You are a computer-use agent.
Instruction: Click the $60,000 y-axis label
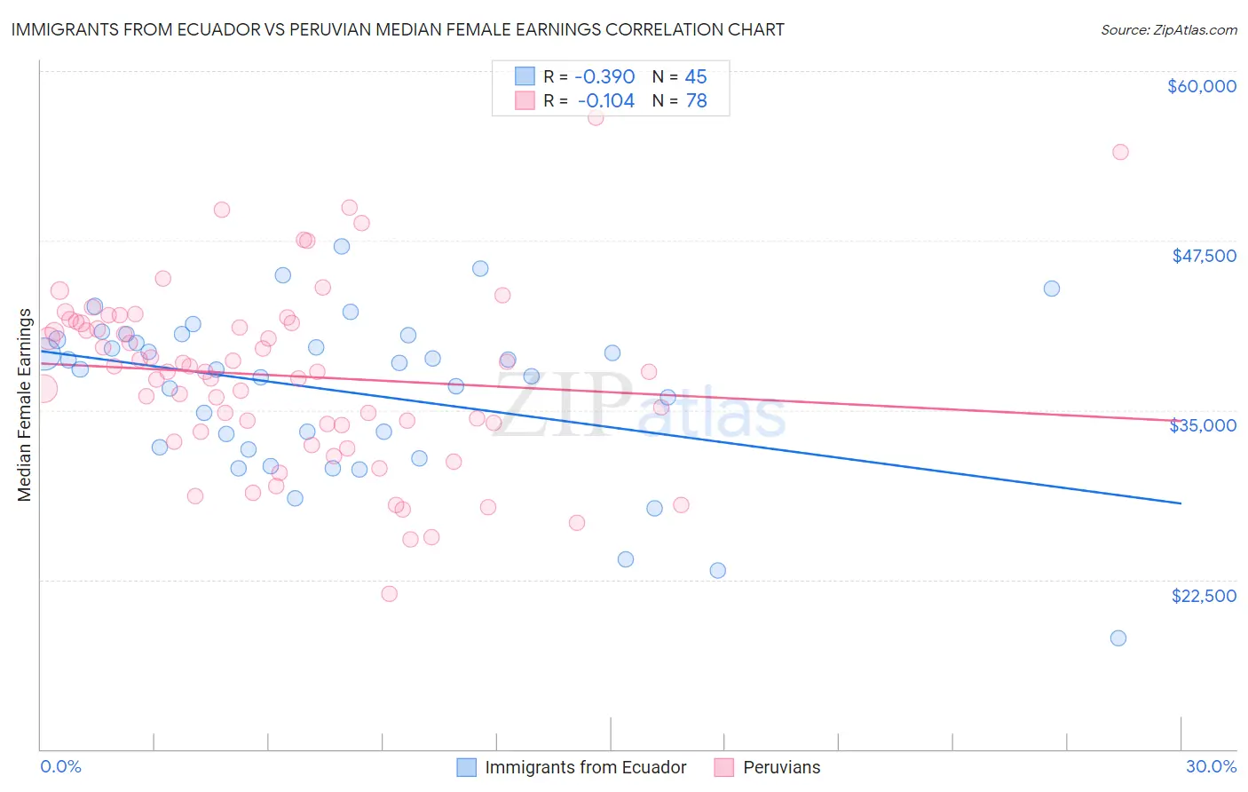pos(1201,86)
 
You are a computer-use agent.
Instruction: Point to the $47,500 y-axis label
pos(1204,256)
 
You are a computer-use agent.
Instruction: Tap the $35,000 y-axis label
pos(1203,425)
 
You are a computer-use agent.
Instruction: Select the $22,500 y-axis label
pos(1204,596)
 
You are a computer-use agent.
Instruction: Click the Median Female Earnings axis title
pos(25,405)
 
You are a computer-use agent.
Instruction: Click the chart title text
pos(398,29)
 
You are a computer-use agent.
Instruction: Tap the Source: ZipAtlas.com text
pos(1168,30)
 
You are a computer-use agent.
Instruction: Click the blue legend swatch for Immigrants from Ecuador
pos(467,767)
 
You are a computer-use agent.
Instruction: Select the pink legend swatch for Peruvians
pos(724,767)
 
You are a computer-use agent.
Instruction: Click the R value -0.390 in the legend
pos(604,76)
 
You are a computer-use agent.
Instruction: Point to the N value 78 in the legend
pos(696,101)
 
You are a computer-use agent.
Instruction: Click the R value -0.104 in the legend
pos(605,101)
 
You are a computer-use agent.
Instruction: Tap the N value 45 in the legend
pos(696,76)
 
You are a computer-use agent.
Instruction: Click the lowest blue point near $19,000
pos(1118,638)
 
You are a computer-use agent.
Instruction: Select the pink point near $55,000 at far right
pos(1120,152)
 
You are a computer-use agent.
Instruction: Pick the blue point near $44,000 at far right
pos(1052,289)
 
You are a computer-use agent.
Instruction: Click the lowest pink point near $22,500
pos(389,594)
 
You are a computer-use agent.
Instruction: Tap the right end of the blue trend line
pos(1181,503)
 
